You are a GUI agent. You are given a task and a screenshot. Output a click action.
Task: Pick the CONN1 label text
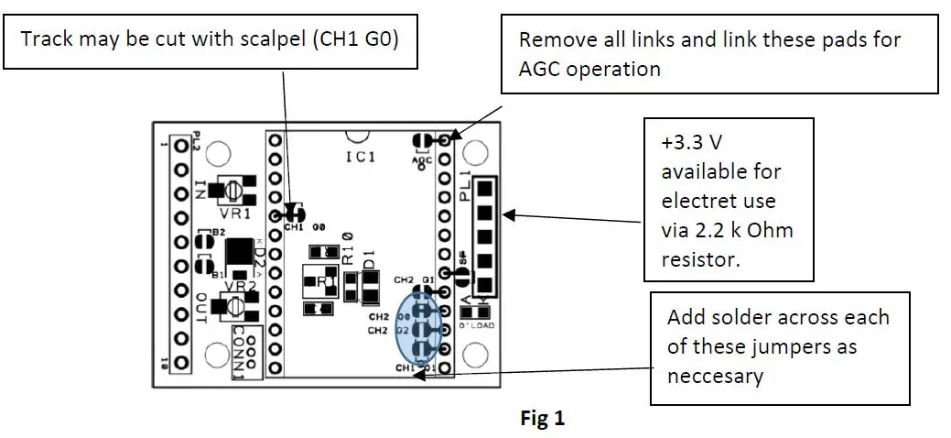click(239, 350)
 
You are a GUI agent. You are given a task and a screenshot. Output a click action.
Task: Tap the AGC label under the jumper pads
click(422, 159)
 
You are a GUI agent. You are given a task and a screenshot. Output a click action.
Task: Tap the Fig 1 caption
click(543, 418)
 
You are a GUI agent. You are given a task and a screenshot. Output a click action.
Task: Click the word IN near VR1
click(200, 190)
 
